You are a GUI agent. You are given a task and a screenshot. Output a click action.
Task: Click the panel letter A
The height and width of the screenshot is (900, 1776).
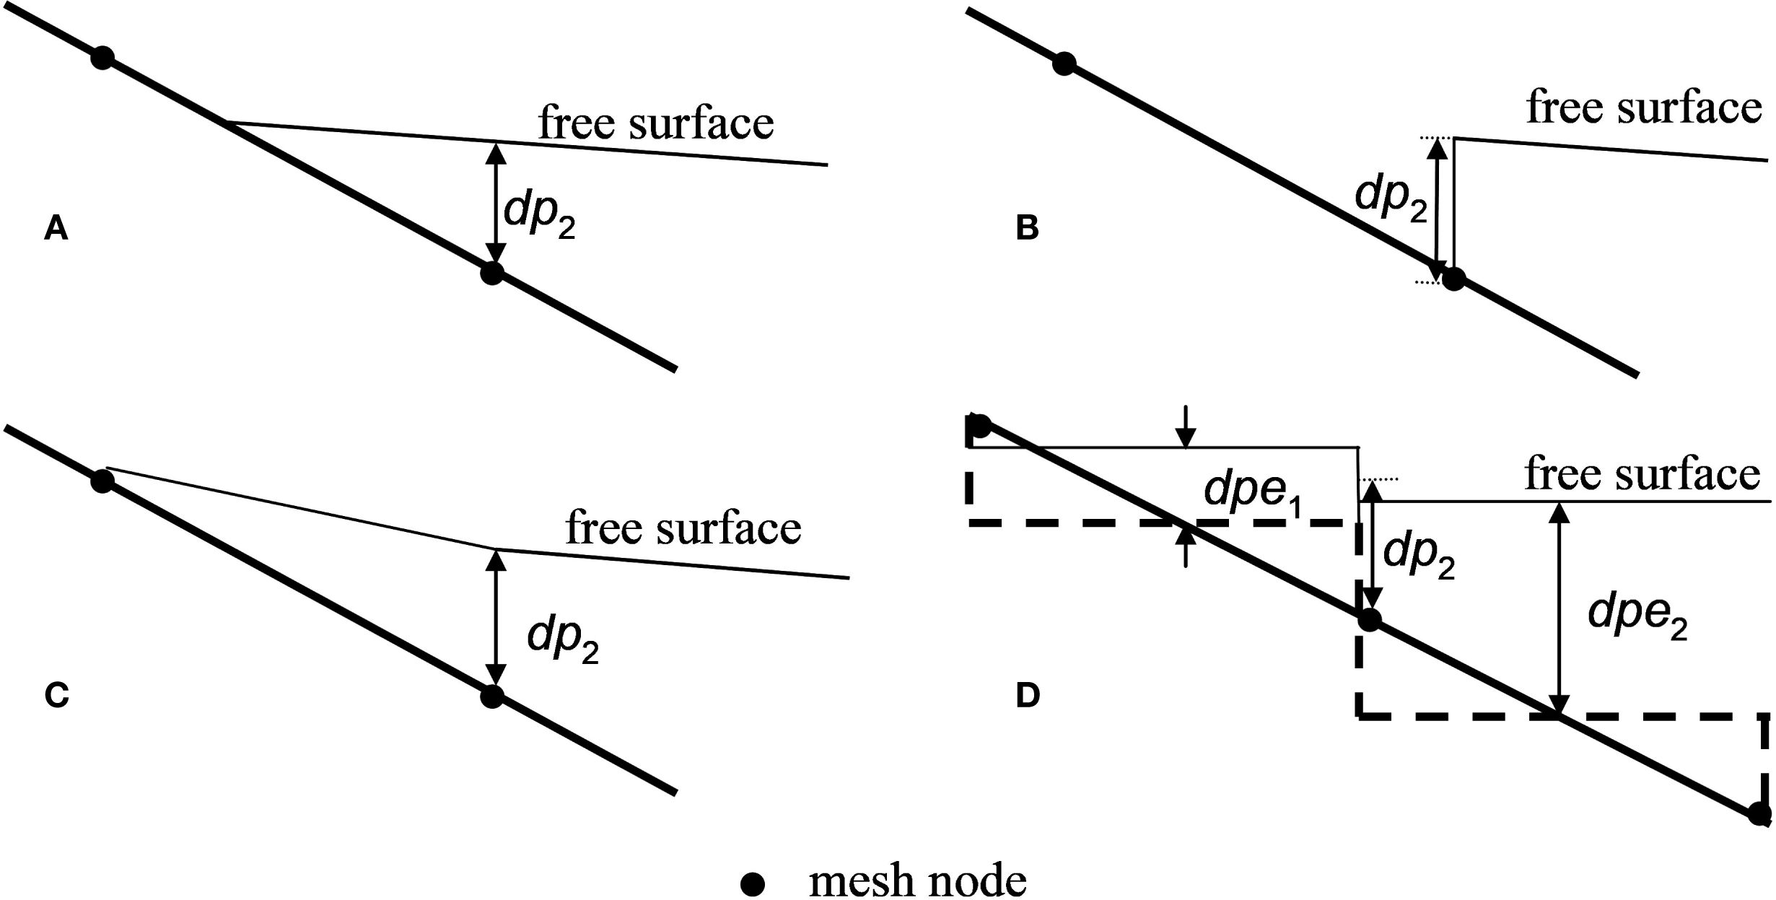[56, 229]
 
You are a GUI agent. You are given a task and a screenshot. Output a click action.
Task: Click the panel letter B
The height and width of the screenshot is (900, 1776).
[1027, 228]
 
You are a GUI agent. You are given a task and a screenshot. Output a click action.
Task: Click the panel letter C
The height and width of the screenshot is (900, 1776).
[56, 696]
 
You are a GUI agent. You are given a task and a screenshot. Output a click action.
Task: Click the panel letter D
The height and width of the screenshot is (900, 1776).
[1027, 696]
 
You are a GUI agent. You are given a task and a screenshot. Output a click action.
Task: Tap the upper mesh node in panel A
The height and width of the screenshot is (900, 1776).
[102, 58]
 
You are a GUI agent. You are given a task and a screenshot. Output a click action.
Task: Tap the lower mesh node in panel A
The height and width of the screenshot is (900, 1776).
[491, 274]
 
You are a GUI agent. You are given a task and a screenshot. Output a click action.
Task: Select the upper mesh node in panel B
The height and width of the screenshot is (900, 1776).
[1064, 64]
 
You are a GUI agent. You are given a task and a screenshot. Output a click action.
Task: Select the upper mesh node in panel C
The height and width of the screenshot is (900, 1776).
[102, 481]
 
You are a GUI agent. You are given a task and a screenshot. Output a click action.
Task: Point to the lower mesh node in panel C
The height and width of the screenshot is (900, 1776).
[491, 696]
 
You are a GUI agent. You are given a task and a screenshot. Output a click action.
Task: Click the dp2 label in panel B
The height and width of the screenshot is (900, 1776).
[1391, 197]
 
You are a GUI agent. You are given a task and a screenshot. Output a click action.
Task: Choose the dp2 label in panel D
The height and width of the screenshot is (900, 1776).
[1418, 556]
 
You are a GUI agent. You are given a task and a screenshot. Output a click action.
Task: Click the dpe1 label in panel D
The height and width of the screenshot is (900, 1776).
[1254, 493]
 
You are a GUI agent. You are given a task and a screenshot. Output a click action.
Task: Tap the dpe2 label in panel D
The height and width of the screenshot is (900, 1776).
[1637, 616]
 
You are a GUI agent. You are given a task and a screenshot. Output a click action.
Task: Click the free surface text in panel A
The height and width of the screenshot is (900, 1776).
[656, 123]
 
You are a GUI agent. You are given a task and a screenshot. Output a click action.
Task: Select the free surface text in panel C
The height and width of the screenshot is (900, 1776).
[683, 528]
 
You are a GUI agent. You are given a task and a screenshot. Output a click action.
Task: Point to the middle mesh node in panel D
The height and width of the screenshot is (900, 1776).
[1369, 619]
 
